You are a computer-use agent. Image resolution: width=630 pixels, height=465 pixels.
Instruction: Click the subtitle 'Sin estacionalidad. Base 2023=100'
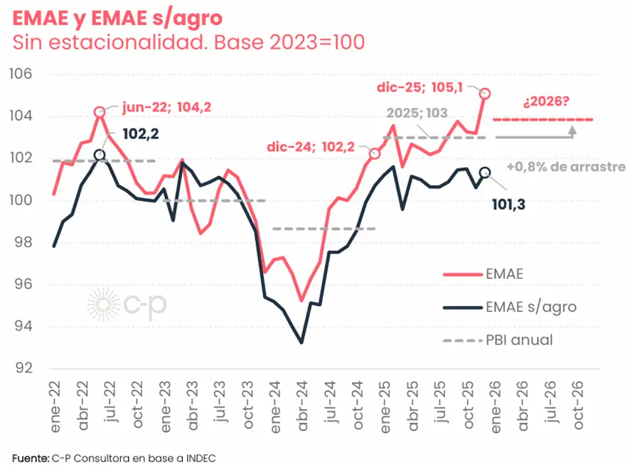pos(188,43)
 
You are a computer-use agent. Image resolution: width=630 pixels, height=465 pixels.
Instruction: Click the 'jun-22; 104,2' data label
pos(166,108)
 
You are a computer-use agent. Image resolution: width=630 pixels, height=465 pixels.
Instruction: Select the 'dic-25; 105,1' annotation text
pos(420,87)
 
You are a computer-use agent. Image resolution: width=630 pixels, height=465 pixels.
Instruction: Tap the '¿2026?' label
pos(545,102)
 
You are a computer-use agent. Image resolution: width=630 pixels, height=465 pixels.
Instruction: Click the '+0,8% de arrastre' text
pos(566,168)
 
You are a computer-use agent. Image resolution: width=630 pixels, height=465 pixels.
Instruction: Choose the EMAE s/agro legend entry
pos(530,307)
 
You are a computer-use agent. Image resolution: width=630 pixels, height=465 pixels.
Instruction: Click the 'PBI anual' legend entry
pos(518,340)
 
